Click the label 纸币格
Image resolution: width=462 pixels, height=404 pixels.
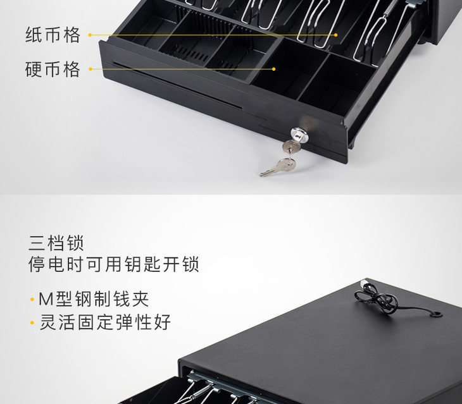pyautogui.click(x=53, y=35)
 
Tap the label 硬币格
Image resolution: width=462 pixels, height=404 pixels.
pyautogui.click(x=53, y=69)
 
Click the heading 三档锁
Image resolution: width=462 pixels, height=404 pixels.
pyautogui.click(x=56, y=243)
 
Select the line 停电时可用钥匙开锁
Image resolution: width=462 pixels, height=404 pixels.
pyautogui.click(x=114, y=264)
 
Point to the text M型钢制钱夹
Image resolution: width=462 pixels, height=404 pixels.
pyautogui.click(x=94, y=299)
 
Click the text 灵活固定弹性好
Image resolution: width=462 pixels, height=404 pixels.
pyautogui.click(x=105, y=322)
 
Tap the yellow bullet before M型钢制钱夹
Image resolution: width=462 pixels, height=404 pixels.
pyautogui.click(x=32, y=300)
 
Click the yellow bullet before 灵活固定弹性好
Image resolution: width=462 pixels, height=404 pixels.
pyautogui.click(x=32, y=323)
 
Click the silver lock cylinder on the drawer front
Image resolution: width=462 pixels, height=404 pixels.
pyautogui.click(x=299, y=134)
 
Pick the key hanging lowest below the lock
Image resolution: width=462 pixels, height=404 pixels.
pyautogui.click(x=278, y=168)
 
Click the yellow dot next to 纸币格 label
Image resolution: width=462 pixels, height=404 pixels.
pyautogui.click(x=90, y=35)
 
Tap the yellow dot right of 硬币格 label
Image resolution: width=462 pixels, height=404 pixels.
pyautogui.click(x=91, y=69)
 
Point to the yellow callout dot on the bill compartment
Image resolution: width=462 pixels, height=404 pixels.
pyautogui.click(x=336, y=35)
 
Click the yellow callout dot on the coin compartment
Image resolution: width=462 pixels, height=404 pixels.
pyautogui.click(x=274, y=69)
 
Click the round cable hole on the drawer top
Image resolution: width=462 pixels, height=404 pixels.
pyautogui.click(x=436, y=314)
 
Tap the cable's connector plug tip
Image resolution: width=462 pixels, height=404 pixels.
pyautogui.click(x=363, y=283)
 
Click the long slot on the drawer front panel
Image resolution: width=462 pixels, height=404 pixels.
pyautogui.click(x=177, y=85)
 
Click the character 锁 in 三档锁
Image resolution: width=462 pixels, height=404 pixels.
pyautogui.click(x=75, y=243)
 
